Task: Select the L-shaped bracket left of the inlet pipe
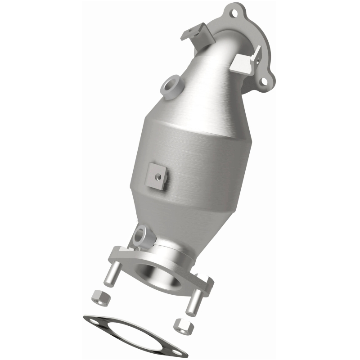[196, 32]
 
